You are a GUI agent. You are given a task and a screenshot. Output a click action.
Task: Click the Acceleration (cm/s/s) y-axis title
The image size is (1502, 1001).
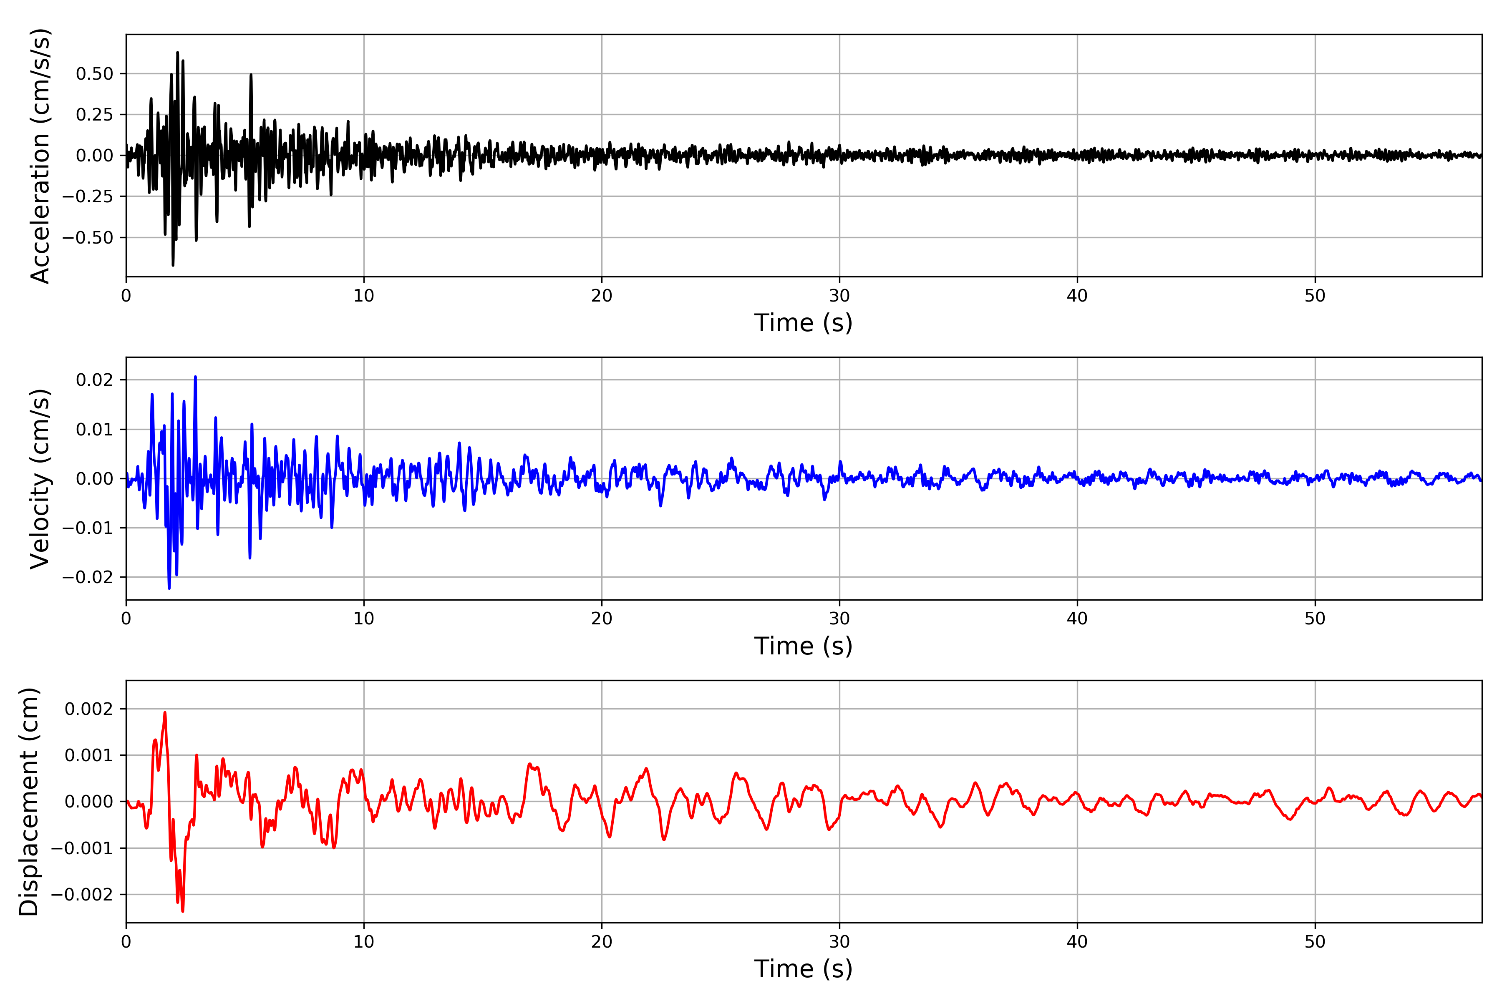click(x=40, y=156)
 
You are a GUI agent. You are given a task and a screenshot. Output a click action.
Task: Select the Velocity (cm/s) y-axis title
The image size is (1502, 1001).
click(x=40, y=479)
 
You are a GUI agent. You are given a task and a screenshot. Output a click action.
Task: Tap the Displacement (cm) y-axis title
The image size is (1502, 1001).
click(x=29, y=802)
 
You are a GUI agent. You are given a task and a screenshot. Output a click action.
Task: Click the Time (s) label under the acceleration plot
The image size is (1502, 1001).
click(x=804, y=323)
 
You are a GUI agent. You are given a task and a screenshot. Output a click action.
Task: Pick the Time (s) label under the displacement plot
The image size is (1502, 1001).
click(x=804, y=969)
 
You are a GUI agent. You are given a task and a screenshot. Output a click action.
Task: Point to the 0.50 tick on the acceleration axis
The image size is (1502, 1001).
click(x=95, y=74)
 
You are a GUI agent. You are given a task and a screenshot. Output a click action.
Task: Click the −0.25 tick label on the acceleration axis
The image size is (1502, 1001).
click(x=88, y=196)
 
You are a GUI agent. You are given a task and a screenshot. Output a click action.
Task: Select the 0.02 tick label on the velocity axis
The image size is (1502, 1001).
click(x=95, y=380)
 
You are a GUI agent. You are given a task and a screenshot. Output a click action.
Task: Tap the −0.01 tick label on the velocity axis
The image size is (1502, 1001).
click(x=88, y=528)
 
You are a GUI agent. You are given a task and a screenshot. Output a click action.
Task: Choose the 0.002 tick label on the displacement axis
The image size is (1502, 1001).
click(x=89, y=709)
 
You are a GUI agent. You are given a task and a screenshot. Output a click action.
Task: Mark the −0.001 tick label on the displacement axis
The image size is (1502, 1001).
click(x=82, y=848)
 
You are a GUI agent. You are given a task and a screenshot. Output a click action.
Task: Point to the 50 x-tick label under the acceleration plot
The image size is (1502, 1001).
click(x=1315, y=296)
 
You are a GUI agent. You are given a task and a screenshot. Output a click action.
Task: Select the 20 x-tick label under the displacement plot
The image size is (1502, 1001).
click(x=602, y=942)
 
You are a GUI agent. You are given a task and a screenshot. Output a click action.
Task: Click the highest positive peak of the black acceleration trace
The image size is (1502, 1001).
click(x=178, y=53)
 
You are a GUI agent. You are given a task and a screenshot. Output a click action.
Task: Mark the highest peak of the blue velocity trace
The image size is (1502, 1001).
click(x=195, y=377)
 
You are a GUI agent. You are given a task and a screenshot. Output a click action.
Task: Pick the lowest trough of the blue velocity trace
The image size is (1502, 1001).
click(x=169, y=588)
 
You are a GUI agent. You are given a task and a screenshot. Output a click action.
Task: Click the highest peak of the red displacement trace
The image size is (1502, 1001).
click(x=165, y=712)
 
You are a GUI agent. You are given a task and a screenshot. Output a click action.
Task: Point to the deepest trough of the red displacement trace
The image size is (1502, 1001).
click(x=183, y=911)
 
